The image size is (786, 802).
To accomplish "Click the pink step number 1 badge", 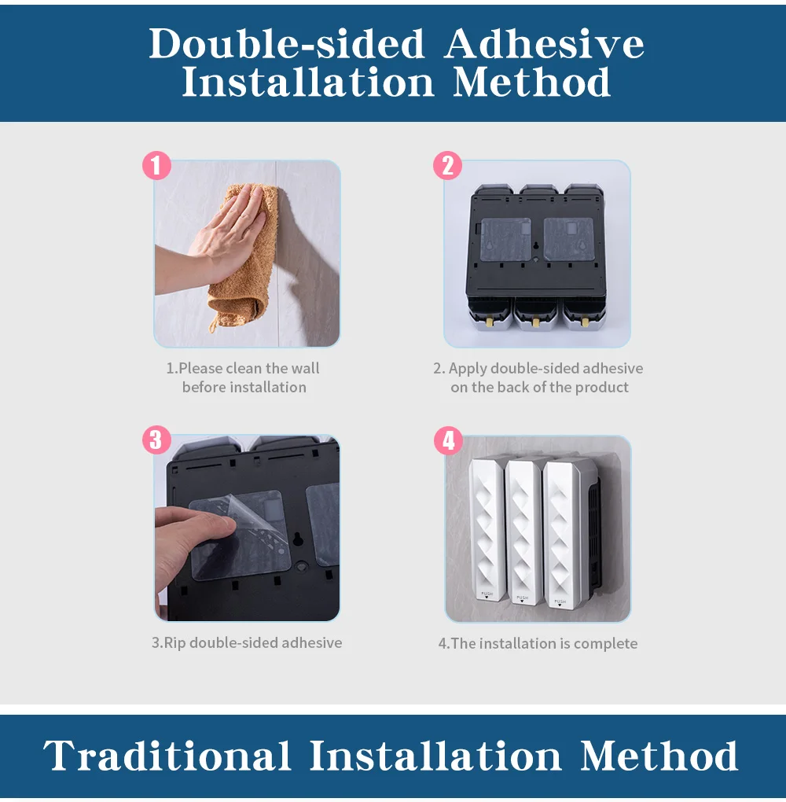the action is [x=156, y=165].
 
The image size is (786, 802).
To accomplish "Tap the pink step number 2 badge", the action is [x=447, y=165].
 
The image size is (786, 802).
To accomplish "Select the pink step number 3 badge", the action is [x=156, y=440].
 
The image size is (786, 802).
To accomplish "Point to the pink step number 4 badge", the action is [x=449, y=440].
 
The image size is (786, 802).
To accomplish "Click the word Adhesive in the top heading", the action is [x=544, y=43].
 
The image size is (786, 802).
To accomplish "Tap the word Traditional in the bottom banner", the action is [x=167, y=755].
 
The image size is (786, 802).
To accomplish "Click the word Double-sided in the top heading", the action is [x=287, y=43].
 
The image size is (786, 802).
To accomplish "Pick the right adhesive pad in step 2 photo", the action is [x=568, y=239].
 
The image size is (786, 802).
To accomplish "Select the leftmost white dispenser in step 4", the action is [x=486, y=528].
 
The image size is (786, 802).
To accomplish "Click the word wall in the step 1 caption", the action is [x=305, y=368].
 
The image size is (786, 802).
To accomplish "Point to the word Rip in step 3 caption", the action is [x=174, y=643].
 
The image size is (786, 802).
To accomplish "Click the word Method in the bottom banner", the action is [x=659, y=755].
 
